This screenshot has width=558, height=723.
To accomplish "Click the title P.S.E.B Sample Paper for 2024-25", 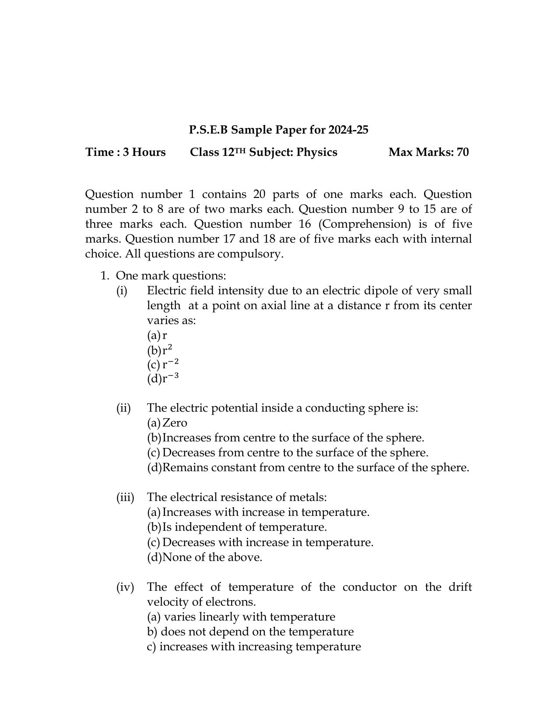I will pos(278,130).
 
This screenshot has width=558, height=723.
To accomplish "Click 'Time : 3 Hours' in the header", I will pos(126,152).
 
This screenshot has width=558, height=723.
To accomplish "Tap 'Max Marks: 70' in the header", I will pos(428,152).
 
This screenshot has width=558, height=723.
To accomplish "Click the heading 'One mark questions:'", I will pos(171,276).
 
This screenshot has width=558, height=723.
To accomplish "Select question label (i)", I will pos(122,291).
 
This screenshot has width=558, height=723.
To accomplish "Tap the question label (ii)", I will pos(123,408).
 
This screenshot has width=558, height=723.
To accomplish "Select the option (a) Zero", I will pos(168,423).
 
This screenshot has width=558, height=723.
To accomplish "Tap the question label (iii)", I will pos(125,497).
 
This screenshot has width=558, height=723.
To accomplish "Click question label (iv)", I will pos(125,587).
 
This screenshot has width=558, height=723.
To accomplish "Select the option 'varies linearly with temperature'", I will pos(242,617).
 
